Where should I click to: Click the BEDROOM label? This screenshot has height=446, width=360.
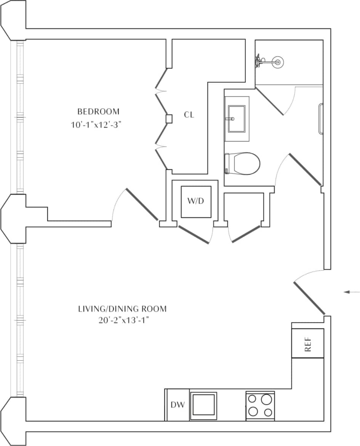(x=98, y=112)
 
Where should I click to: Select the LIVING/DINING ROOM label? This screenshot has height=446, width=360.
(x=122, y=309)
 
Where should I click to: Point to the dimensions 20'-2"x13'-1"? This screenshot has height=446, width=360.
(x=122, y=320)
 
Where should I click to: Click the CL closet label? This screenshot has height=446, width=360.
(x=189, y=115)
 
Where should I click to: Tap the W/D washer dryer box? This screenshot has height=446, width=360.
(x=196, y=202)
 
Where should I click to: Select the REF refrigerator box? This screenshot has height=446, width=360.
(x=308, y=343)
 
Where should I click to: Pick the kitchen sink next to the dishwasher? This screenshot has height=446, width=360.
(x=203, y=406)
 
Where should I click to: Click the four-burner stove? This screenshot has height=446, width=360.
(x=260, y=406)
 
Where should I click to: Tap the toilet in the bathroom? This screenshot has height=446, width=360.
(x=244, y=164)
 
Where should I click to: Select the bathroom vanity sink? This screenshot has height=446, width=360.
(x=236, y=119)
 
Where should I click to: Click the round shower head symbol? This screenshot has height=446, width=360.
(x=278, y=61)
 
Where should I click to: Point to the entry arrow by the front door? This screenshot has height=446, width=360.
(x=352, y=292)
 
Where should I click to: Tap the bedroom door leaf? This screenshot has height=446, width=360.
(x=142, y=204)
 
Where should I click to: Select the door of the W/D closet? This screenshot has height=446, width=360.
(x=194, y=234)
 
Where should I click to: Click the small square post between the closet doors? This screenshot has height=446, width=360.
(x=169, y=119)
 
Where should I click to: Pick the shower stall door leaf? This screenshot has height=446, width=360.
(x=269, y=101)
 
